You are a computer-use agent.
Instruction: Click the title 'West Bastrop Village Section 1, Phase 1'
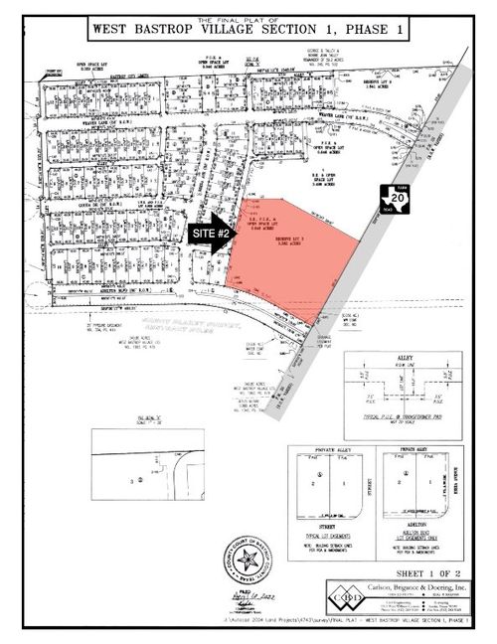[248, 31]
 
